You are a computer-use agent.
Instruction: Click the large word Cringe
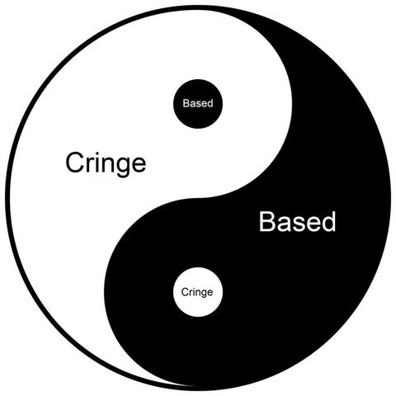(x=106, y=164)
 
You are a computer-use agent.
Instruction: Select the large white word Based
(x=297, y=221)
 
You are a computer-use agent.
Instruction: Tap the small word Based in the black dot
(x=198, y=103)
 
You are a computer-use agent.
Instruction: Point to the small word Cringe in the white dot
(x=197, y=292)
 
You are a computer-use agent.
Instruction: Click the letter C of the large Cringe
(x=75, y=163)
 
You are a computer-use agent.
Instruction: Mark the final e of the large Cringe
(x=139, y=165)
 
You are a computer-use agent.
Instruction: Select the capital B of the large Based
(x=267, y=221)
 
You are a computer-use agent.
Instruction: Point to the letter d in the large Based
(x=328, y=222)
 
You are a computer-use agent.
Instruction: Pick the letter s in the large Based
(x=297, y=224)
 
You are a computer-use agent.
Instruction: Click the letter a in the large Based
(x=282, y=224)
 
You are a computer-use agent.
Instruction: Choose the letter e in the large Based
(x=312, y=224)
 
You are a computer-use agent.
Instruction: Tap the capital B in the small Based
(x=186, y=103)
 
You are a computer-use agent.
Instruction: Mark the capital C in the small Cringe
(x=185, y=292)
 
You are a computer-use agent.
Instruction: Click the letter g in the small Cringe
(x=202, y=294)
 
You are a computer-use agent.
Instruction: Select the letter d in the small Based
(x=210, y=103)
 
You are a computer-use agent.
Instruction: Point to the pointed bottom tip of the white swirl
(x=191, y=386)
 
